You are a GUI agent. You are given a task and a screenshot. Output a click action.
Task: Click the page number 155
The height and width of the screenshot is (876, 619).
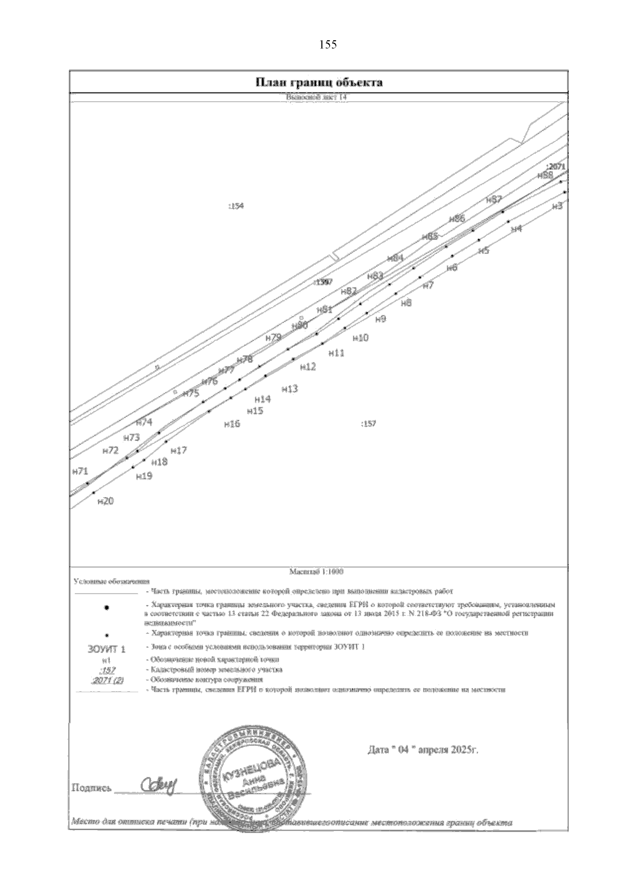pyautogui.click(x=328, y=45)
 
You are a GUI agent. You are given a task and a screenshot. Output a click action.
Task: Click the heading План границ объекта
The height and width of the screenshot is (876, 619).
pyautogui.click(x=320, y=83)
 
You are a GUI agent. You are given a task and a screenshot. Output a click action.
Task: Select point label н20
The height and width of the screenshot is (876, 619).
pyautogui.click(x=105, y=501)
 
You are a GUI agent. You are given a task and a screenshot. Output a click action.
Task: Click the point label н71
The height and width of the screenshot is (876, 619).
pyautogui.click(x=80, y=471)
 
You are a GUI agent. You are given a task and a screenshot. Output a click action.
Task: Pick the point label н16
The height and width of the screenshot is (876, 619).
pyautogui.click(x=232, y=424)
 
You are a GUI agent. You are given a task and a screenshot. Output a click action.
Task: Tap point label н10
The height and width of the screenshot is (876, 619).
pyautogui.click(x=360, y=338)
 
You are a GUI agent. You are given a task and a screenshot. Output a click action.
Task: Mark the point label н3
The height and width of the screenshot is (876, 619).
pyautogui.click(x=557, y=206)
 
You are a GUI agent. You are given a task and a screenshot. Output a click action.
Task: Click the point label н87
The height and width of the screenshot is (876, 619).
pyautogui.click(x=494, y=200)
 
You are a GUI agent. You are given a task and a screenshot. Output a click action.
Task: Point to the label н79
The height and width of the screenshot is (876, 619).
pyautogui.click(x=273, y=338)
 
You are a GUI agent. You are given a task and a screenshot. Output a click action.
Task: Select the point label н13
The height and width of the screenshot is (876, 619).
pyautogui.click(x=290, y=389)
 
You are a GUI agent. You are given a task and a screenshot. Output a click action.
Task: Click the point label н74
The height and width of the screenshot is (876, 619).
pyautogui.click(x=144, y=422)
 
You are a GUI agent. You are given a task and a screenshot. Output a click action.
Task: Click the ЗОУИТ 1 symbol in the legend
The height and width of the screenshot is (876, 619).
pyautogui.click(x=106, y=648)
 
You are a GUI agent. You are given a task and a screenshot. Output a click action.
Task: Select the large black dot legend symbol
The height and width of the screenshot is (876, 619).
pyautogui.click(x=106, y=608)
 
